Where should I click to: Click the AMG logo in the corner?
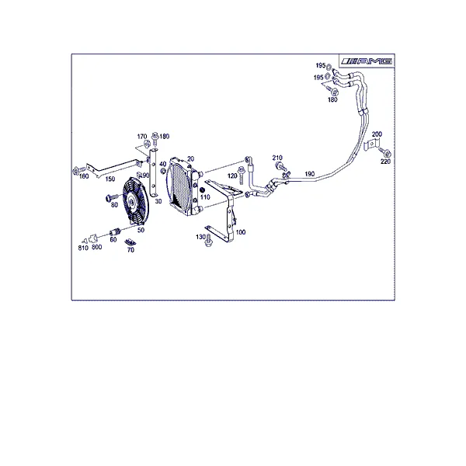(x=367, y=61)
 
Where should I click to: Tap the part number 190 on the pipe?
(x=309, y=174)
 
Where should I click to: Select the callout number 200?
(x=377, y=134)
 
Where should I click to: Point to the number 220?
(x=385, y=162)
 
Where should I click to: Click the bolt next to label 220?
(x=385, y=153)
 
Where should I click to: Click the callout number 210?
(x=277, y=158)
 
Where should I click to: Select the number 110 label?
(x=205, y=196)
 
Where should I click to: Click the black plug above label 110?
(x=202, y=190)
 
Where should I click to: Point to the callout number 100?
(x=241, y=232)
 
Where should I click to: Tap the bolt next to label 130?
(x=208, y=241)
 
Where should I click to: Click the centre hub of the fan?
(x=131, y=202)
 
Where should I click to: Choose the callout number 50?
(x=141, y=230)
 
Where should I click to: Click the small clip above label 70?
(x=130, y=242)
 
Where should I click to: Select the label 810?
(x=83, y=248)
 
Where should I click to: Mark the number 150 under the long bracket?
(x=110, y=179)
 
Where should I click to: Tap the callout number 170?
(x=142, y=137)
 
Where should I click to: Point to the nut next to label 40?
(x=163, y=171)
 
